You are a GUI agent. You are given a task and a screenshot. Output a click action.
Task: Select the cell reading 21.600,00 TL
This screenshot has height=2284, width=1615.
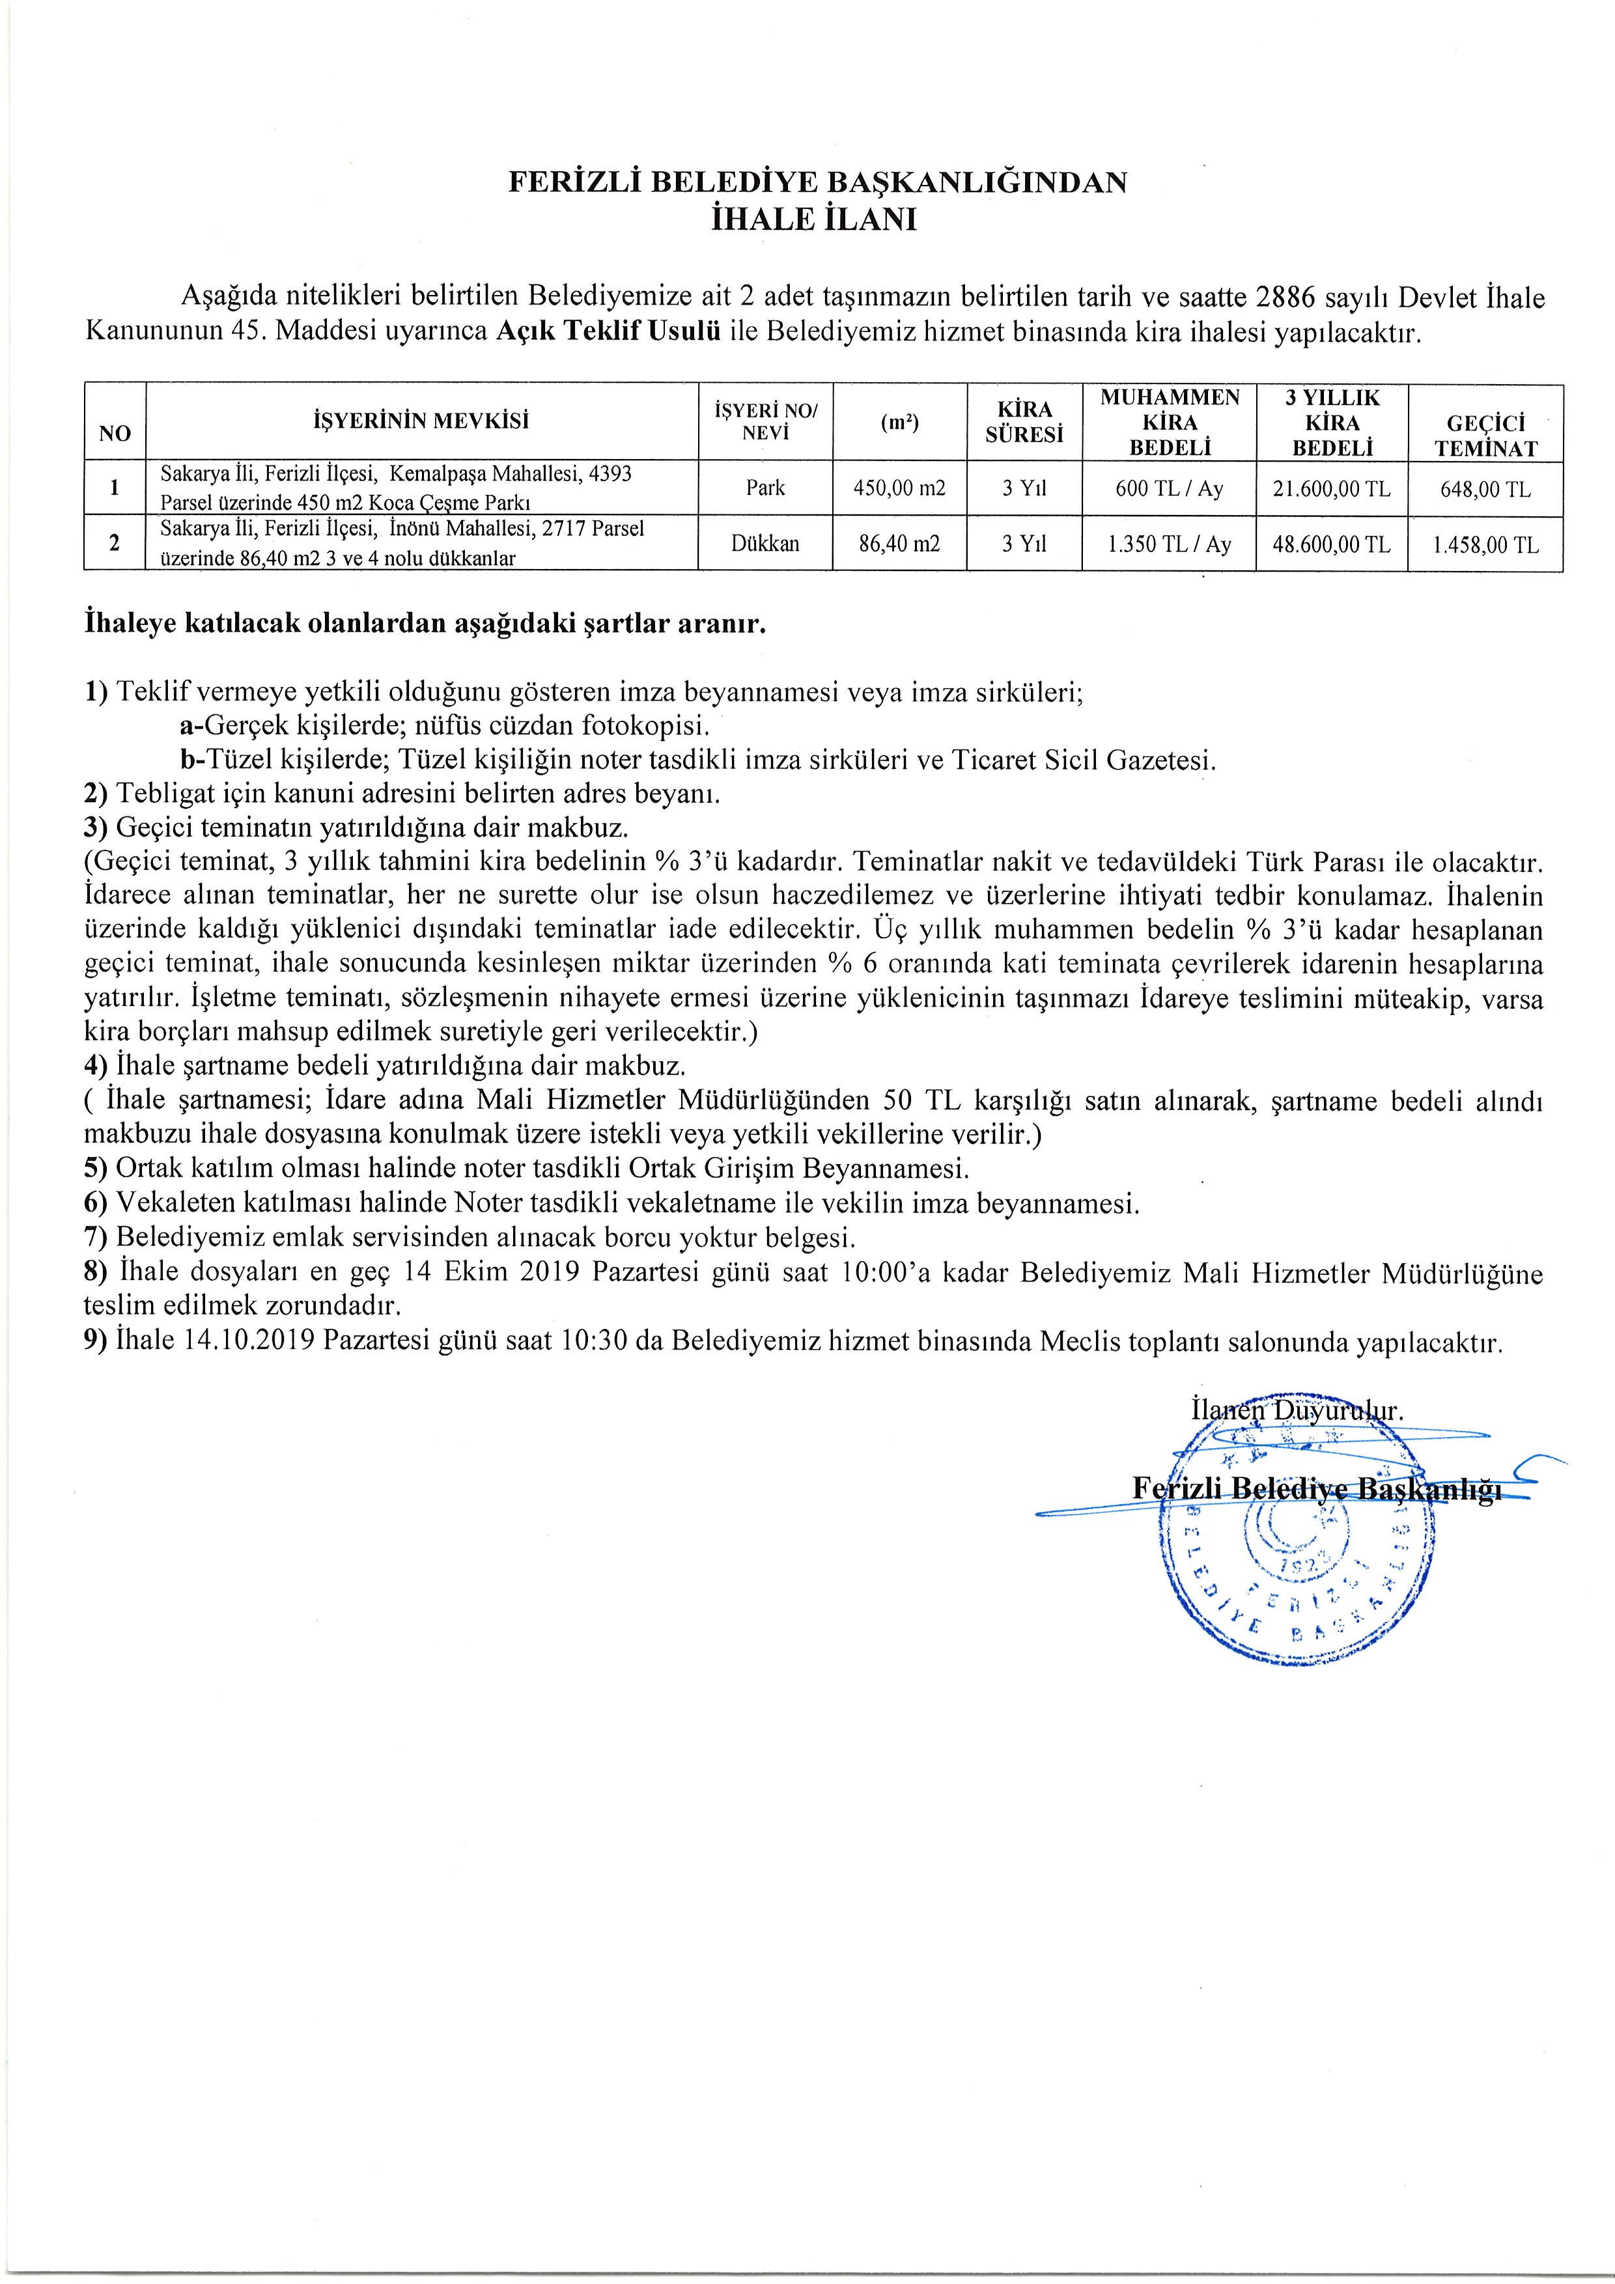1332,488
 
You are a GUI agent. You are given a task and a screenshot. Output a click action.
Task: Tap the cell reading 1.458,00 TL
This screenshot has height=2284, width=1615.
1485,545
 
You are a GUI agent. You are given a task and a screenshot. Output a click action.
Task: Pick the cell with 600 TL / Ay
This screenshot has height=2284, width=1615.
1169,488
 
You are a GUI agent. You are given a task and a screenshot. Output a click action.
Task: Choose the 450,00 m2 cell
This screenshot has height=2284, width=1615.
899,488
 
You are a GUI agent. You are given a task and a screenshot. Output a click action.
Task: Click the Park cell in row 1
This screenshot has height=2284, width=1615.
765,488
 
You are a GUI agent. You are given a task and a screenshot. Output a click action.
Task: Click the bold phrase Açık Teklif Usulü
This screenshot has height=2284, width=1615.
608,331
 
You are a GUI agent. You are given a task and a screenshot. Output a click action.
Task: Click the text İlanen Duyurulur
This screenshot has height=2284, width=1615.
1297,1411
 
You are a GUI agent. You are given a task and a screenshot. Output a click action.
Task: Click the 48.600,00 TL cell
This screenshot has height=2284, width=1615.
1332,545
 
